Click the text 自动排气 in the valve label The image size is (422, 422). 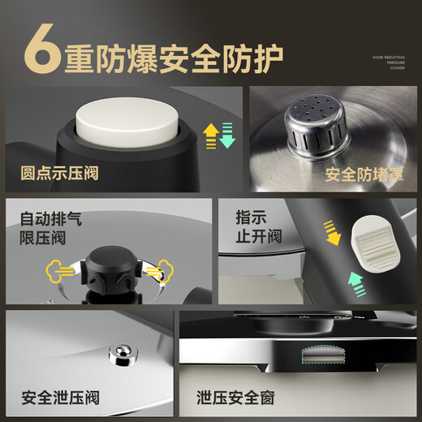tap(51, 219)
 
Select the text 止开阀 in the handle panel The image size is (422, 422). tap(260, 236)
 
